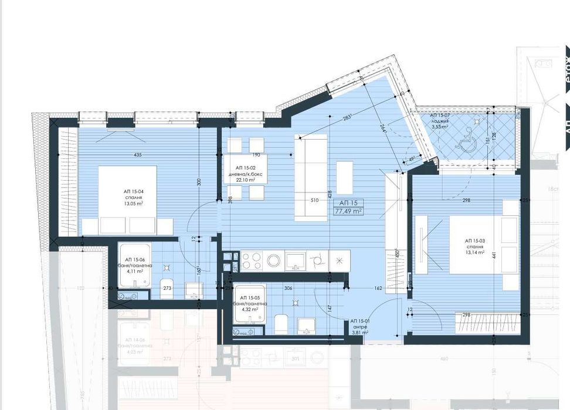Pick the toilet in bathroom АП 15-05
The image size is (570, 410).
click(x=281, y=323)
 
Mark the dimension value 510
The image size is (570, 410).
click(x=314, y=199)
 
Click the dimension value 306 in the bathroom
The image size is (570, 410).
click(x=288, y=289)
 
